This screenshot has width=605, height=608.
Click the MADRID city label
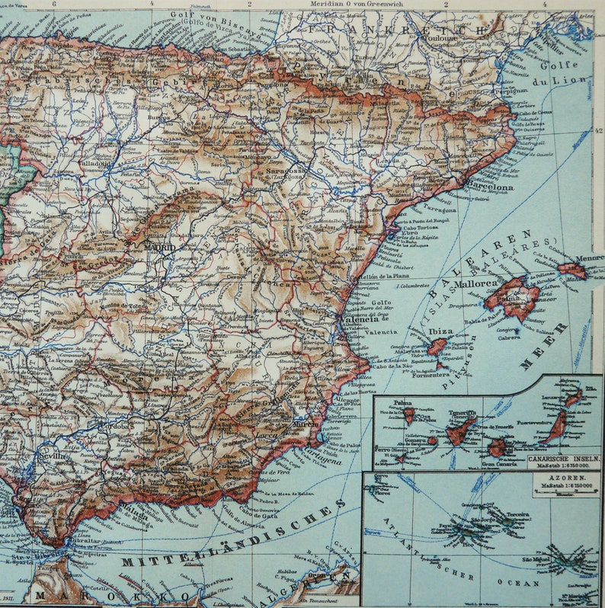pos(161,248)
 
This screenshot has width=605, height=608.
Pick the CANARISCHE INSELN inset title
pos(565,459)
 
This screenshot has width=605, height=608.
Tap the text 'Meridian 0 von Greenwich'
pos(350,4)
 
